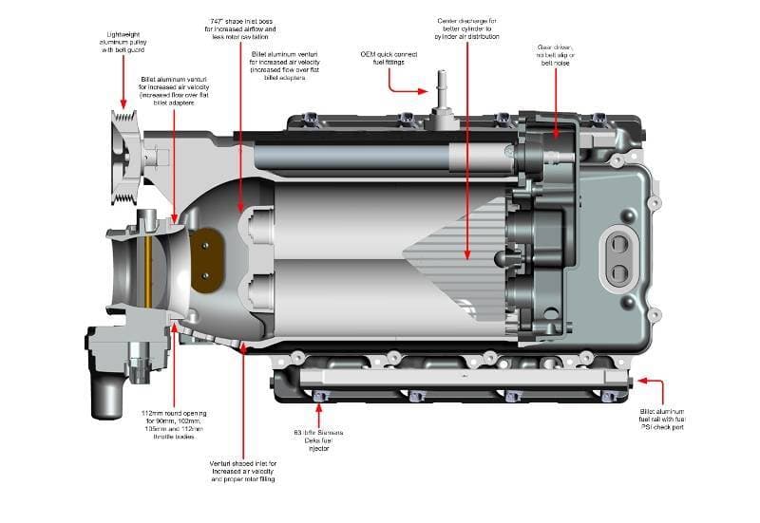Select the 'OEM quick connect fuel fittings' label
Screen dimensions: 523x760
click(389, 60)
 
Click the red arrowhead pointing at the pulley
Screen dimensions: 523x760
click(123, 103)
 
